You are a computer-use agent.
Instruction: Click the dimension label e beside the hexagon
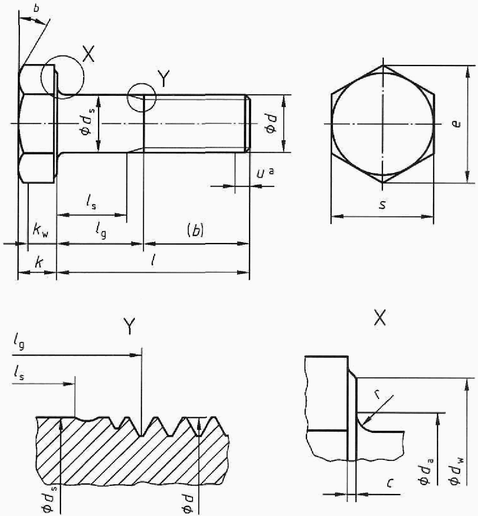(456, 124)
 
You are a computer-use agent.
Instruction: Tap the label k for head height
(39, 263)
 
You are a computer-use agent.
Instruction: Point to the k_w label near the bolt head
(41, 231)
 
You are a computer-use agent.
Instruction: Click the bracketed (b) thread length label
(196, 231)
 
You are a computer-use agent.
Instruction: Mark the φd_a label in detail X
(426, 470)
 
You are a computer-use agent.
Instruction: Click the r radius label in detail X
(378, 394)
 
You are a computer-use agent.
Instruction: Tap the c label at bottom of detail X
(390, 483)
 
